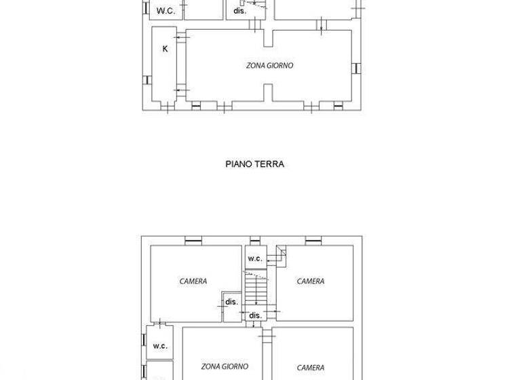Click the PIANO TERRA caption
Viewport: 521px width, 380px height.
tap(254, 164)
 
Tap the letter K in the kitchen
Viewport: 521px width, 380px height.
tap(165, 49)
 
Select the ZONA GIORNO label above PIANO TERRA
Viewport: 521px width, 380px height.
tap(269, 66)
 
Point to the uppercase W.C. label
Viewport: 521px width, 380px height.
tap(166, 11)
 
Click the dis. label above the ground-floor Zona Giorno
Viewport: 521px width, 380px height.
tap(239, 11)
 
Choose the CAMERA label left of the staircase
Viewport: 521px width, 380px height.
tap(193, 281)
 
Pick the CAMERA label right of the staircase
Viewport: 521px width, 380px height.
tap(311, 281)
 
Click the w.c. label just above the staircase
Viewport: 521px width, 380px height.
tap(254, 259)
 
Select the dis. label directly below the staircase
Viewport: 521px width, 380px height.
tap(255, 316)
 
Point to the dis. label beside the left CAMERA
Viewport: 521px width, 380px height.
tap(231, 302)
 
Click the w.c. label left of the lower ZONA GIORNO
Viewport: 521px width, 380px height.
tap(160, 345)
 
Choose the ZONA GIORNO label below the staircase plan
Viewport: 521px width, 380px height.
tap(224, 366)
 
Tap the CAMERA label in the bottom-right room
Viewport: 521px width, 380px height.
tap(311, 368)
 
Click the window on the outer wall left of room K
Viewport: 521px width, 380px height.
tap(145, 79)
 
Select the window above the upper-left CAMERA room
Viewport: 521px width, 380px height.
tap(193, 239)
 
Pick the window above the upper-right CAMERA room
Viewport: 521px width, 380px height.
tap(313, 239)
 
